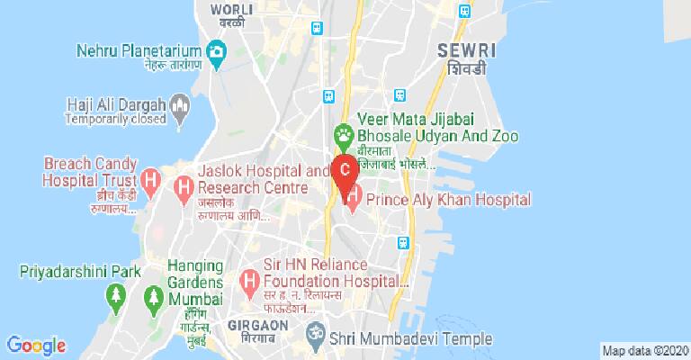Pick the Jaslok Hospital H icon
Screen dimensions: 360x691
(184, 188)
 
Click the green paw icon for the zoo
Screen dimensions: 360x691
(343, 136)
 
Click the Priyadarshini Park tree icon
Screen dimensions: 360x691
(115, 293)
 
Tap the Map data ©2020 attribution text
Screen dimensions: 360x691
(644, 350)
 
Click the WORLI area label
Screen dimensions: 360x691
(226, 9)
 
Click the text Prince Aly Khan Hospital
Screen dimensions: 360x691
(447, 199)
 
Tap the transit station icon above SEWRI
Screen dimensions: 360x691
(464, 12)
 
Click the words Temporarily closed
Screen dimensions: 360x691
(117, 118)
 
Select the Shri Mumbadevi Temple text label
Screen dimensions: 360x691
(410, 338)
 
